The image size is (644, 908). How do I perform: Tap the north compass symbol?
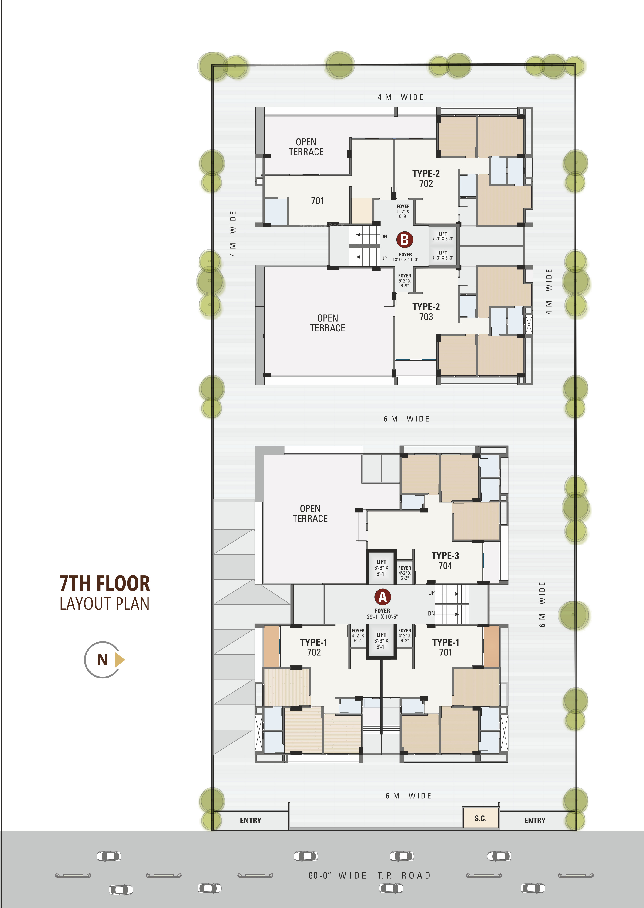(104, 660)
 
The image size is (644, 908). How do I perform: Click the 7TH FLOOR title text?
(105, 583)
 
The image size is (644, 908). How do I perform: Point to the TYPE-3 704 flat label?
(445, 561)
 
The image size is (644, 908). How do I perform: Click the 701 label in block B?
(317, 201)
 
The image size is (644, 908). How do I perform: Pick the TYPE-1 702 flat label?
(314, 647)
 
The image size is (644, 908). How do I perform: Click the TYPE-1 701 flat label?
(445, 647)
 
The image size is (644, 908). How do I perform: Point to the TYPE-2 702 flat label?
(426, 178)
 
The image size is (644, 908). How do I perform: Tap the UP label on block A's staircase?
(431, 593)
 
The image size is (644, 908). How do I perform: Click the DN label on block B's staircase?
(384, 237)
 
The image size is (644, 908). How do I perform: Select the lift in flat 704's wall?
(381, 567)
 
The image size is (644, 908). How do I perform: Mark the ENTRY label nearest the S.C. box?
(535, 820)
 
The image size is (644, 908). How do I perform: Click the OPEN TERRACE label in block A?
(310, 513)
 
